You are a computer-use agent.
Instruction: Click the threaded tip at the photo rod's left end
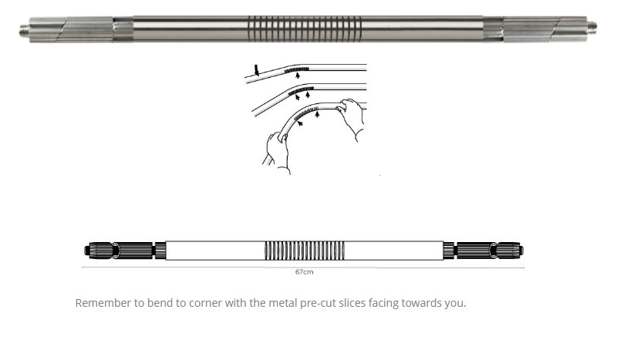point(25,29)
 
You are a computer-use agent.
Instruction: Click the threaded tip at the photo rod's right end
point(592,27)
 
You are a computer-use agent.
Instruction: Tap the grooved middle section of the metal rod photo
point(305,29)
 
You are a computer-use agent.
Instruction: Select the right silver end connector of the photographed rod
point(535,29)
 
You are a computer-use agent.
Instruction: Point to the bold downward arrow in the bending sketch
point(257,70)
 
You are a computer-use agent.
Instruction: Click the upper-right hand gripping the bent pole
point(351,117)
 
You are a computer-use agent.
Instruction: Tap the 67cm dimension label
point(305,272)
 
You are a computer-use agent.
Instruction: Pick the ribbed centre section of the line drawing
point(305,251)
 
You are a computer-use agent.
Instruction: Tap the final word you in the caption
point(456,304)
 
